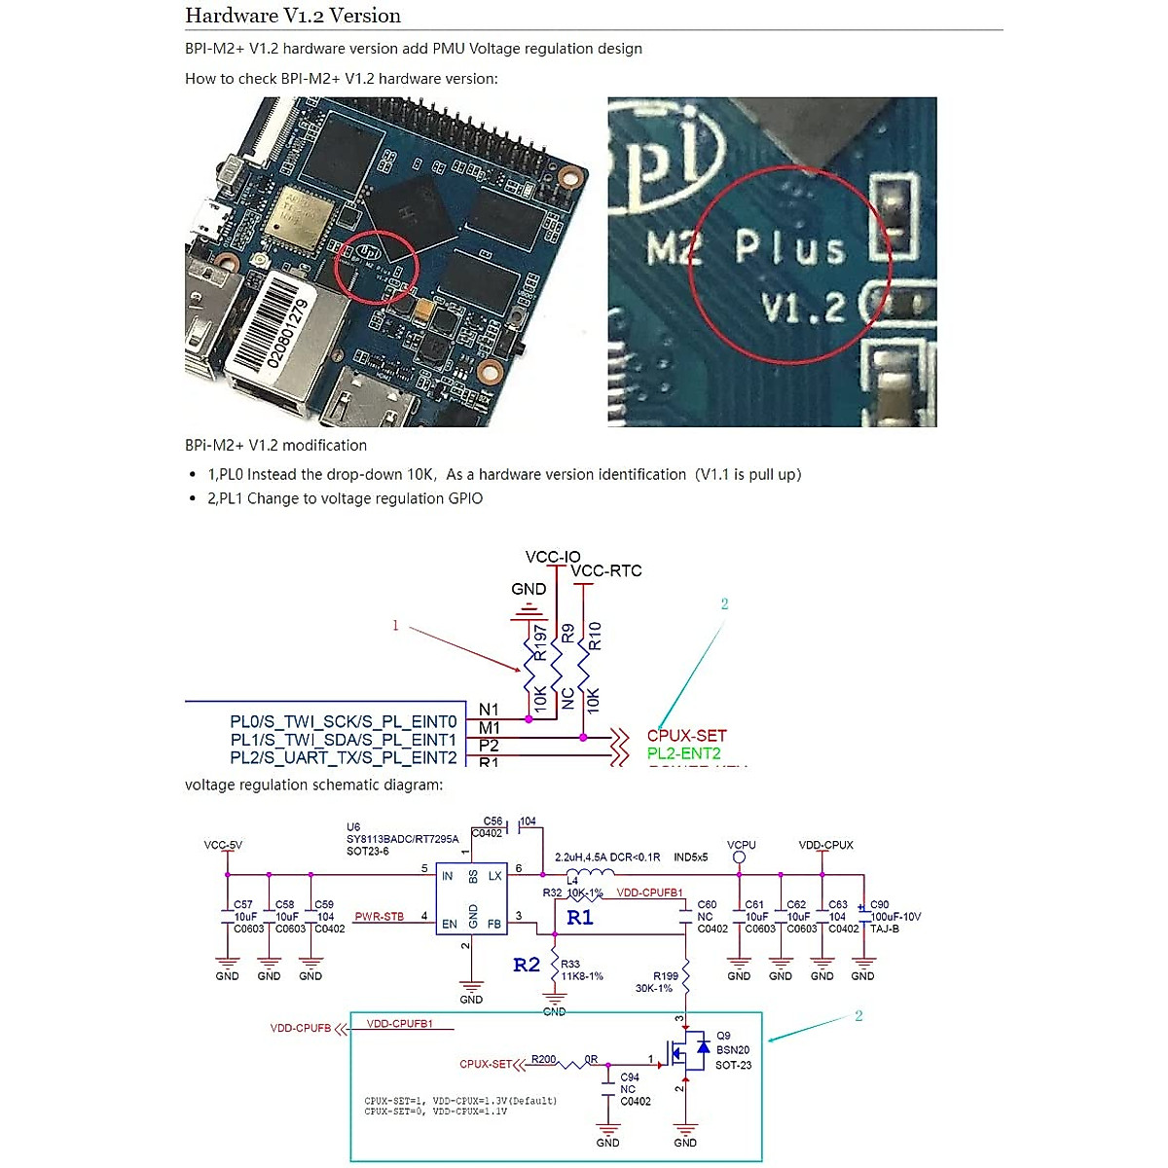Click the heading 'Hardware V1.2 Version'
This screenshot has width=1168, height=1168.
pos(292,16)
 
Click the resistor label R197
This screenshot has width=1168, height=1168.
pos(540,642)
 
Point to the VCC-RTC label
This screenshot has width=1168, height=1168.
pos(605,571)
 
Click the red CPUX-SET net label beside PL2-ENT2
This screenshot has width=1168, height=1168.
pos(686,736)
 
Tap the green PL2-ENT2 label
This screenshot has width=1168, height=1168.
pos(683,753)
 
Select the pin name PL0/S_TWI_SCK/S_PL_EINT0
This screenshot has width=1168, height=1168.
pos(343,722)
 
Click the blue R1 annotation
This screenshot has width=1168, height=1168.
pos(580,917)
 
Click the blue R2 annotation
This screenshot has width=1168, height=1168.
pos(527,965)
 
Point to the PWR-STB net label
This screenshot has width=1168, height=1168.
pos(379,917)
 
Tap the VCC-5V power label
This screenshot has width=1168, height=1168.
pos(223,845)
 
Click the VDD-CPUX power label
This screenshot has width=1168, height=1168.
pos(825,845)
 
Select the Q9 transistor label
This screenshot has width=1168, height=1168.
pos(723,1036)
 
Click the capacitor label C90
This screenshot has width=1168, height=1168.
pos(879,904)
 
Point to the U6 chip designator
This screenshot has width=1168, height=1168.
pos(353,827)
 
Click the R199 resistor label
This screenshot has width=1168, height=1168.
pos(666,975)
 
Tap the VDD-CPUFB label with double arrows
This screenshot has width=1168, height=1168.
pos(301,1028)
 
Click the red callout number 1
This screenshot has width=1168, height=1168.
pos(395,625)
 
